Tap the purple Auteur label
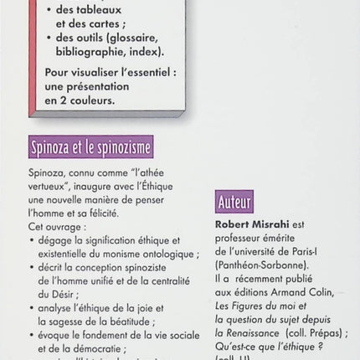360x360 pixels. coord(234,203)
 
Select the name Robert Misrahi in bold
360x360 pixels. coord(255,225)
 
